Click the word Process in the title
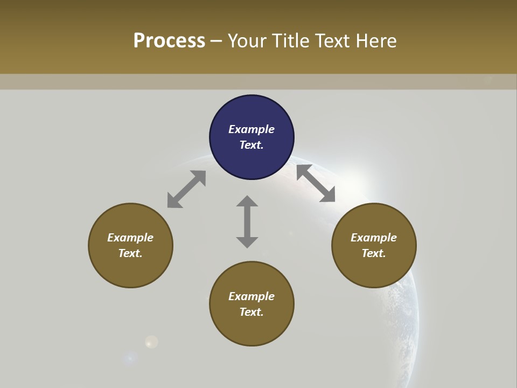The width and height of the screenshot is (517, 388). point(169,41)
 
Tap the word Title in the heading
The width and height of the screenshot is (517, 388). point(289,41)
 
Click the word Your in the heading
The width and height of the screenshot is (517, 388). point(246,41)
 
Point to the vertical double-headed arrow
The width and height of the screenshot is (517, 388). point(247,221)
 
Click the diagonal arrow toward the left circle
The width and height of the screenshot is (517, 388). point(186,189)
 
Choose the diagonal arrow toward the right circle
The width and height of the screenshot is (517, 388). point(316,183)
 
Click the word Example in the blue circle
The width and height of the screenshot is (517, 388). point(251,129)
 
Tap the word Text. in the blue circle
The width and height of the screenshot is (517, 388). point(251,145)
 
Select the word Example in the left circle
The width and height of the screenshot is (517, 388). point(130,238)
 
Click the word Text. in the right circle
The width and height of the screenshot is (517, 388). point(374,253)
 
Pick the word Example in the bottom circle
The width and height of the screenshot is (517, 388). point(251,296)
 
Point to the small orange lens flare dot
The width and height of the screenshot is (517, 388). point(152,342)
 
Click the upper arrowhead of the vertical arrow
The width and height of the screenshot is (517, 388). point(247,202)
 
